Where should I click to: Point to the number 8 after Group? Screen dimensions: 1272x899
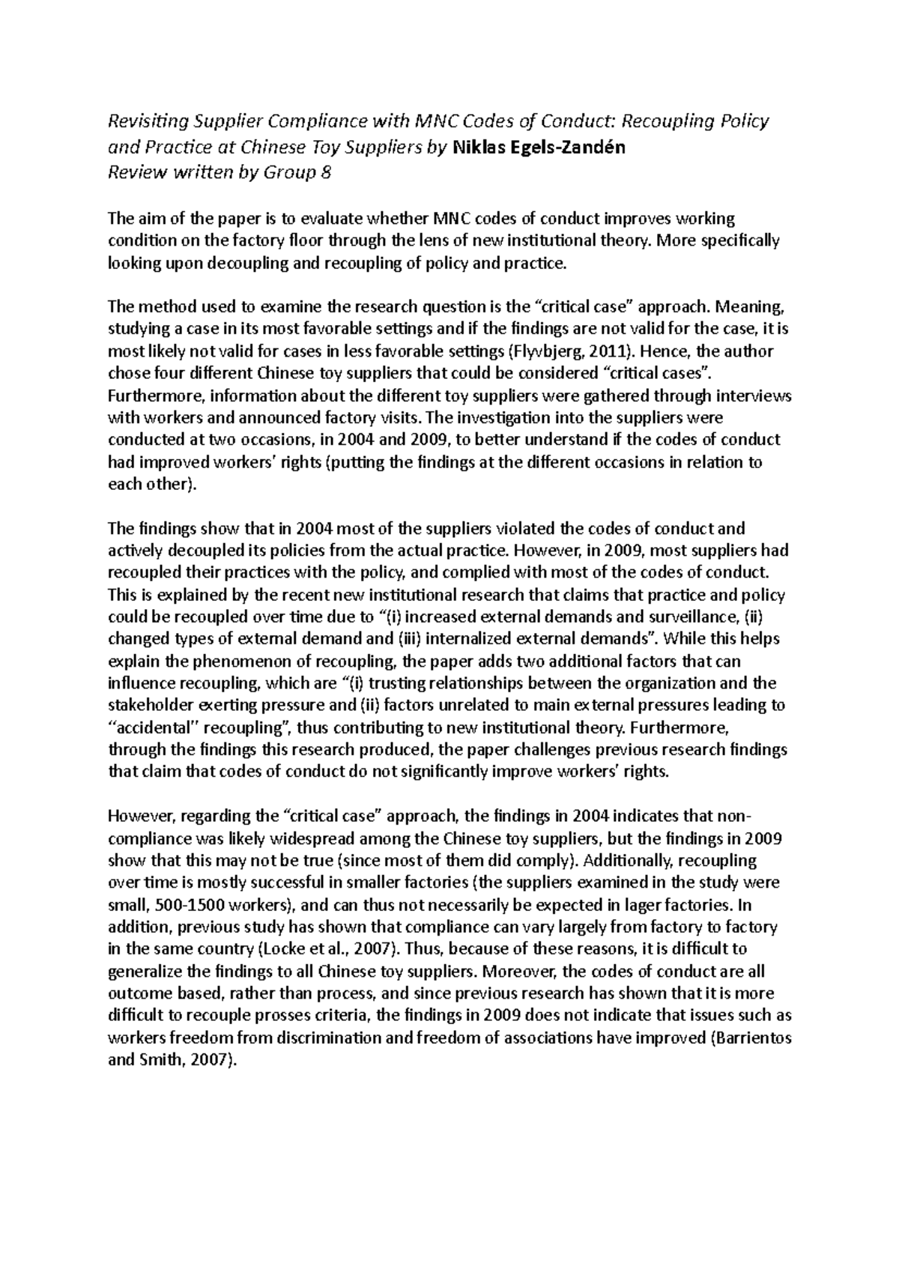[x=324, y=173]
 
